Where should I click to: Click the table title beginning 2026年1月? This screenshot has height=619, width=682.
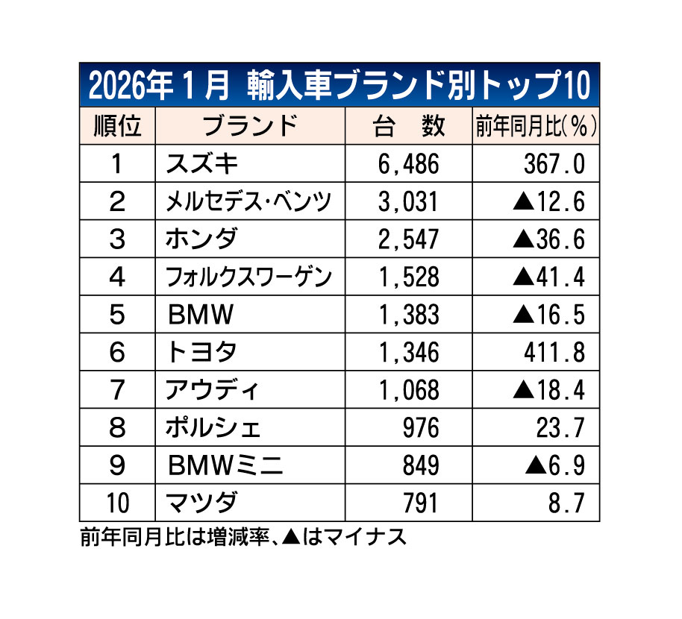pos(340,86)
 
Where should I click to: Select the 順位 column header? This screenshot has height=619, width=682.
pos(117,126)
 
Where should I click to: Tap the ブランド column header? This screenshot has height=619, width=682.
pos(250,126)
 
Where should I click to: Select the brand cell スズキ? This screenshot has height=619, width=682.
pos(202,164)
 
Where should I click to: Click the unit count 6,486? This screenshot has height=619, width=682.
pos(408,164)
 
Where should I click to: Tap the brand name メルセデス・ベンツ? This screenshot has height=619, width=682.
pos(250,201)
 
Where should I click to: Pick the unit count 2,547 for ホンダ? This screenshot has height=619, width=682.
pos(408,239)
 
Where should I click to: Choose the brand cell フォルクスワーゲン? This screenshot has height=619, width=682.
pos(250,277)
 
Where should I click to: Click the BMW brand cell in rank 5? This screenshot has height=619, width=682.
pos(201,315)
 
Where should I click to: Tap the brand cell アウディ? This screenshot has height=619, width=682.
pos(212,390)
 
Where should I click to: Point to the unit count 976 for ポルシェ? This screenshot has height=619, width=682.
pos(421,428)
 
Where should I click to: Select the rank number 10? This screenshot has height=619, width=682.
pos(116,503)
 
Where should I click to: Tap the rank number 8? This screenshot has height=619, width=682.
pos(116,428)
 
